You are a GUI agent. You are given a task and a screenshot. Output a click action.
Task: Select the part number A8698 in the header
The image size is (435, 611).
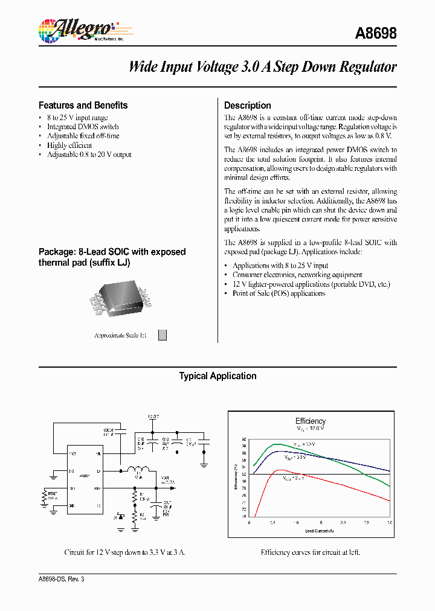click(x=376, y=33)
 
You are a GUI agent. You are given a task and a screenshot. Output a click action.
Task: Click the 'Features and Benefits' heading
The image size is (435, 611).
click(x=83, y=105)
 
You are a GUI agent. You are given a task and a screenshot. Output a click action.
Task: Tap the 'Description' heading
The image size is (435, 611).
click(x=247, y=105)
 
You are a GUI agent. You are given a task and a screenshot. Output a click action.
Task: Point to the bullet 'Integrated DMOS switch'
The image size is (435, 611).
click(x=83, y=127)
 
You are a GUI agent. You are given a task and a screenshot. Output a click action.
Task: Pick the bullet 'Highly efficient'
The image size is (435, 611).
click(x=69, y=145)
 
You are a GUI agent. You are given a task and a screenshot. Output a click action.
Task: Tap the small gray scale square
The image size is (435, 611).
click(x=162, y=335)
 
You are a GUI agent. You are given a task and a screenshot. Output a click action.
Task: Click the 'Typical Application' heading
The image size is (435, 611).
click(x=217, y=376)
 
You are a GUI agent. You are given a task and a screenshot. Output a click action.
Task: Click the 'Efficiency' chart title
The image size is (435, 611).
click(x=310, y=421)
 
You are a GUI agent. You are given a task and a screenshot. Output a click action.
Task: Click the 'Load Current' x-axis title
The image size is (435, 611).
click(x=318, y=530)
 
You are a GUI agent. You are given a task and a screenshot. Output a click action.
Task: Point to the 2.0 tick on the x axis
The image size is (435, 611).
click(x=343, y=522)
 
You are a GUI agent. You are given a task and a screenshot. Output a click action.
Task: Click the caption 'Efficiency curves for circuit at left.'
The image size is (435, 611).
click(x=311, y=552)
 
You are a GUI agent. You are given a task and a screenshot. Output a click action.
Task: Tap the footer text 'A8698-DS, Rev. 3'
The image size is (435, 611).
click(x=62, y=579)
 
